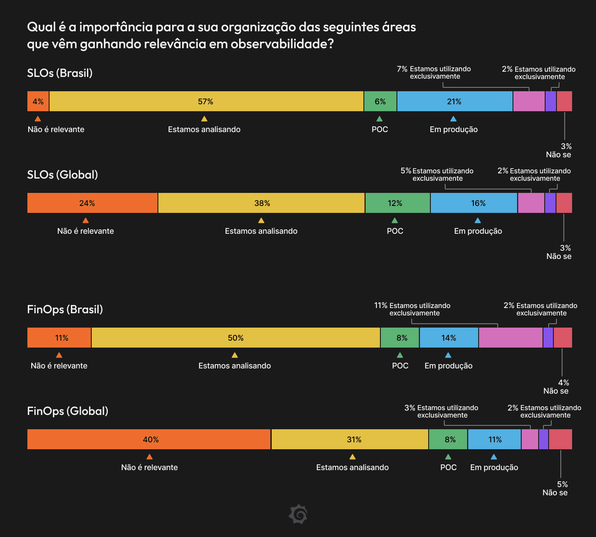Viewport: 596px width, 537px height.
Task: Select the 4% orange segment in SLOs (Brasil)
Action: (x=38, y=101)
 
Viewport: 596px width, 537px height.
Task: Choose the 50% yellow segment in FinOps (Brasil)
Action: (x=236, y=338)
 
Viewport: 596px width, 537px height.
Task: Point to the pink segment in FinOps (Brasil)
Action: (x=510, y=338)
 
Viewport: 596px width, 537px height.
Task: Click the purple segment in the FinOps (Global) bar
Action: (x=543, y=439)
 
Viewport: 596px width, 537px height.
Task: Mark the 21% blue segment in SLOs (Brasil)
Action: (x=455, y=101)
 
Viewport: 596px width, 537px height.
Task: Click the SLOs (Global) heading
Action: (x=62, y=175)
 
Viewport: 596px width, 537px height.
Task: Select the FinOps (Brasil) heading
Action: (x=65, y=309)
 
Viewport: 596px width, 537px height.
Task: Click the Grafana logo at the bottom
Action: (x=298, y=514)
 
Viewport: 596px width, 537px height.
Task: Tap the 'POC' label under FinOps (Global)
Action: (x=448, y=467)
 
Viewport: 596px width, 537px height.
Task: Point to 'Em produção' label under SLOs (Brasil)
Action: (x=453, y=129)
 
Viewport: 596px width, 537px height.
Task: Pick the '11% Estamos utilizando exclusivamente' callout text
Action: (x=412, y=309)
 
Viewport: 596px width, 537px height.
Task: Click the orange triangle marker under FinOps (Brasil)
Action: (x=59, y=355)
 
